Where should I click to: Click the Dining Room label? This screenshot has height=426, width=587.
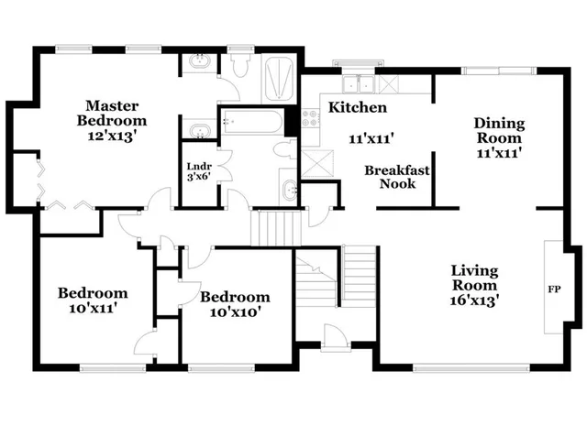(498, 131)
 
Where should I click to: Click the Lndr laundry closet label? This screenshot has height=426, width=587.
(199, 171)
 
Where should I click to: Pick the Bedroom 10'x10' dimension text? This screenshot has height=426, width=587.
(235, 311)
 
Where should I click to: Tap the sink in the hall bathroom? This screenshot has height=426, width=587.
(288, 191)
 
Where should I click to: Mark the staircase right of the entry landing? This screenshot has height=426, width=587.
(360, 275)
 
